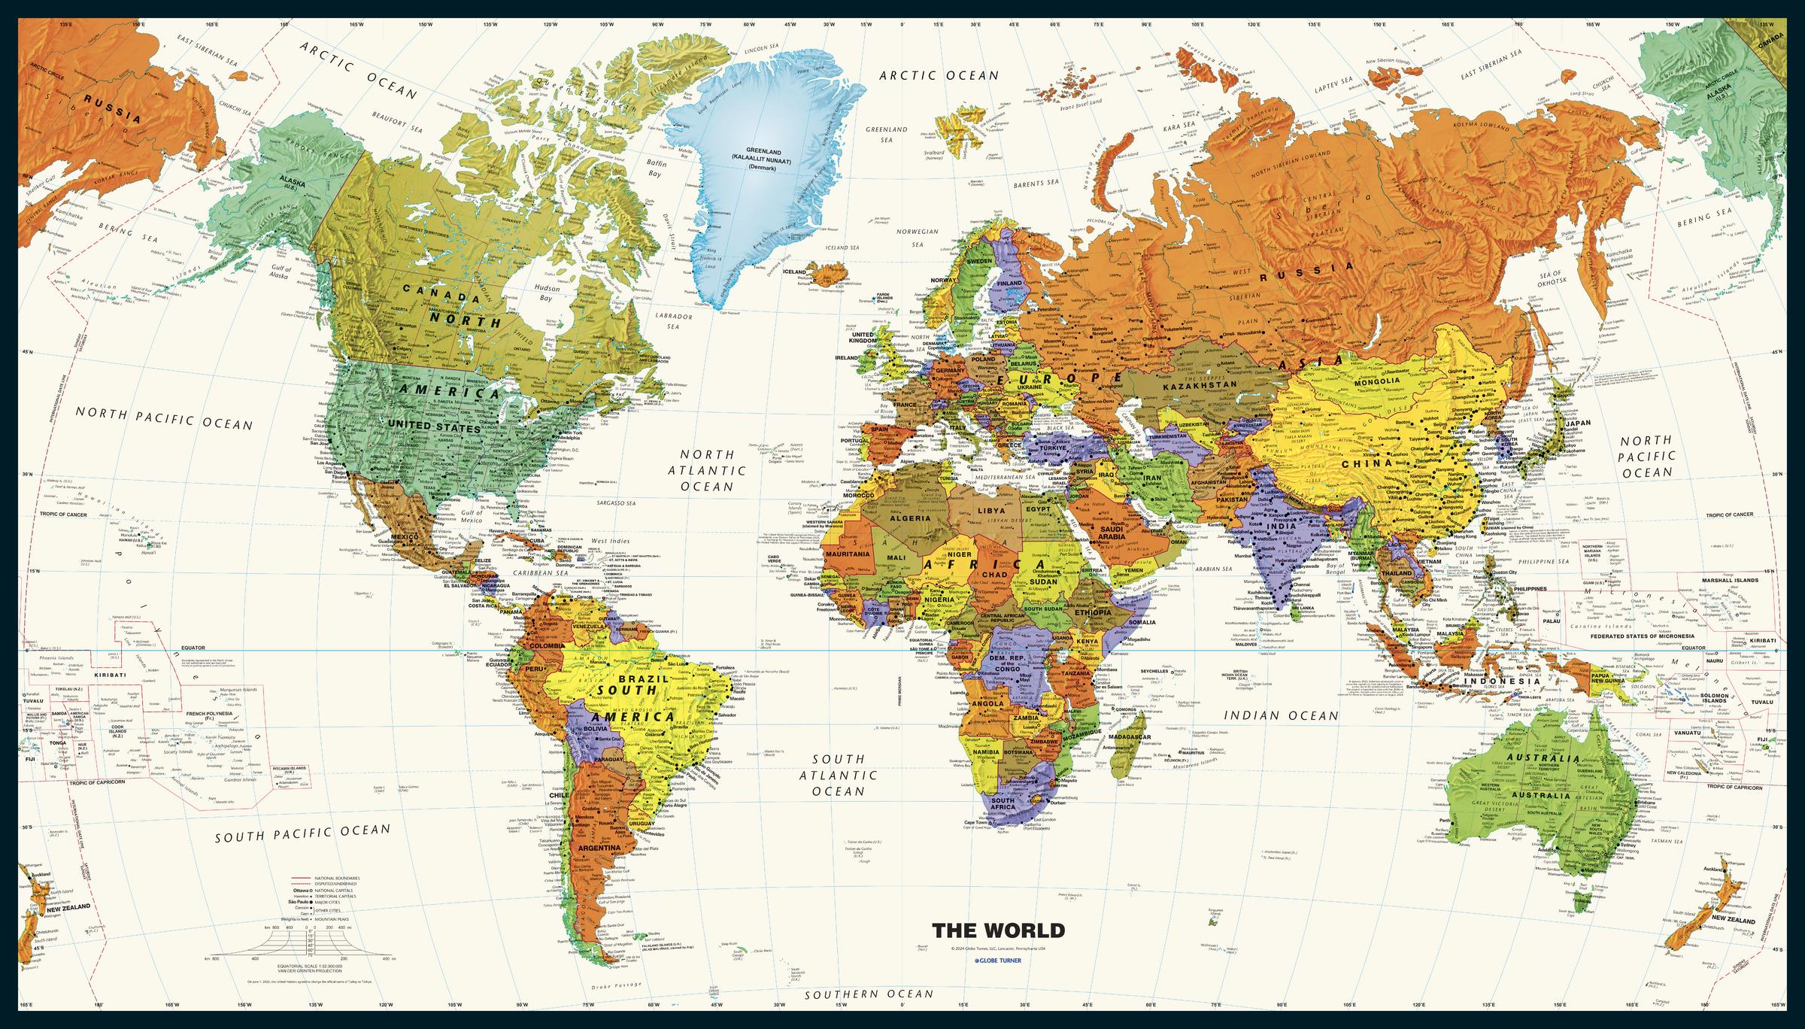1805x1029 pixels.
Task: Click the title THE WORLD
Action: tap(998, 930)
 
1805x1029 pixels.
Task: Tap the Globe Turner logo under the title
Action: tap(998, 961)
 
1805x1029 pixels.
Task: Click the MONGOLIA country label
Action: tap(1376, 381)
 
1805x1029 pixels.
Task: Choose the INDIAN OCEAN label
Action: tap(1281, 715)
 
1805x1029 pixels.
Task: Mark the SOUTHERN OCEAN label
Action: tap(869, 994)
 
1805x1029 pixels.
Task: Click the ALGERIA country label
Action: tap(910, 518)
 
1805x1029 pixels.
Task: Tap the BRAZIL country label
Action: tap(652, 678)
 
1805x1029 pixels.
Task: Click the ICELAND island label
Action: tap(794, 272)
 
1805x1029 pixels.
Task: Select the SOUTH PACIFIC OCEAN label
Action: tap(302, 833)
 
